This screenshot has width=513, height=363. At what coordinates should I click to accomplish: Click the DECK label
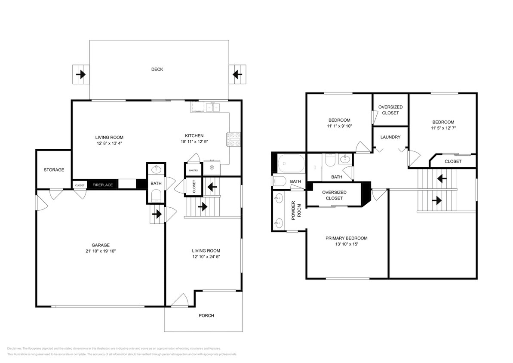(x=157, y=69)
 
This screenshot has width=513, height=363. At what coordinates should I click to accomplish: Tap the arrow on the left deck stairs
(x=80, y=75)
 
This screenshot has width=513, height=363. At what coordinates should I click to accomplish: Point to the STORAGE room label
(x=54, y=170)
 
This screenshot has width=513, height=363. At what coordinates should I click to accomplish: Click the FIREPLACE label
(x=103, y=185)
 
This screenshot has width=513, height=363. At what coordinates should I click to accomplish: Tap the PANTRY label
(x=193, y=171)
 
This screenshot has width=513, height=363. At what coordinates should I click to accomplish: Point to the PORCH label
(x=206, y=316)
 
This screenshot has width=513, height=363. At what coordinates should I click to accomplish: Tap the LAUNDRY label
(x=390, y=137)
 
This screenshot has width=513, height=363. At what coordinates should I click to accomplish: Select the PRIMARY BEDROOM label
(x=346, y=238)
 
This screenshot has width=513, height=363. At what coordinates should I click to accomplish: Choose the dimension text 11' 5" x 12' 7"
(x=443, y=128)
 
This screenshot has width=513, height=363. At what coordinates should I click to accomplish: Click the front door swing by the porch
(x=180, y=300)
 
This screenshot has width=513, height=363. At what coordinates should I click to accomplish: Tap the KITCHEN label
(x=194, y=135)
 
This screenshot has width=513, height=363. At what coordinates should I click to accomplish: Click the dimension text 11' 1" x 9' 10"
(x=339, y=126)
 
